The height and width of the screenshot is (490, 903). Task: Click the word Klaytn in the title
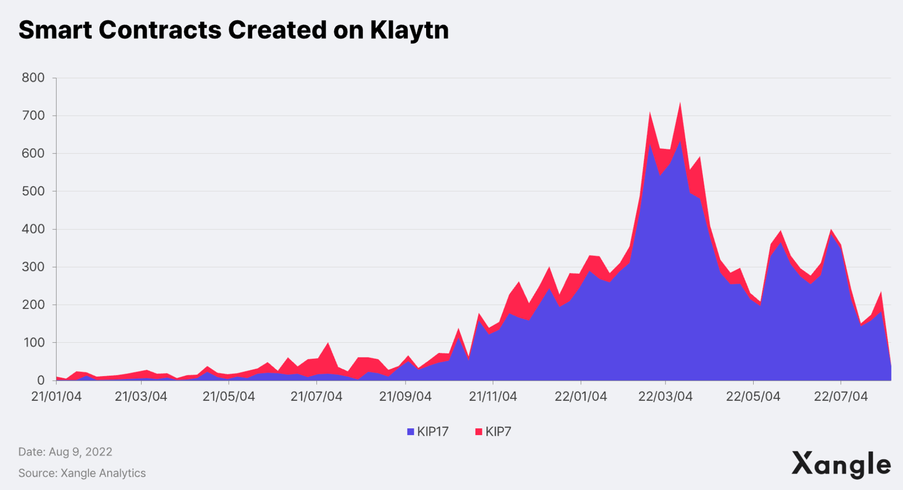pyautogui.click(x=409, y=30)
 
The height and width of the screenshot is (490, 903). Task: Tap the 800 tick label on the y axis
pyautogui.click(x=33, y=78)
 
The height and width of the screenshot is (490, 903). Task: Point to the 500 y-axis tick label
pyautogui.click(x=33, y=191)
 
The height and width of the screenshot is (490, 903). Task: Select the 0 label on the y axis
pyautogui.click(x=41, y=380)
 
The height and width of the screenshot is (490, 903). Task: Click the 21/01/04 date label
pyautogui.click(x=56, y=396)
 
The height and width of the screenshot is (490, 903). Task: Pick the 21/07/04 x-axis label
pyautogui.click(x=316, y=396)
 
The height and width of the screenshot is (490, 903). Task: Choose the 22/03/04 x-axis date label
pyautogui.click(x=665, y=396)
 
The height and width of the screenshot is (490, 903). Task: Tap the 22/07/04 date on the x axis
pyautogui.click(x=840, y=396)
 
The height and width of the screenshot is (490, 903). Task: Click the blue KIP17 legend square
pyautogui.click(x=410, y=431)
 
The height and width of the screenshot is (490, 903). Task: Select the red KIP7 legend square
pyautogui.click(x=479, y=431)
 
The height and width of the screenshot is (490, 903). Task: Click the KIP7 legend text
pyautogui.click(x=498, y=431)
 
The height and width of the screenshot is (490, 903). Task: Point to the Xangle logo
pyautogui.click(x=841, y=464)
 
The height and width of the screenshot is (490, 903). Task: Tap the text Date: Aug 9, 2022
pyautogui.click(x=65, y=452)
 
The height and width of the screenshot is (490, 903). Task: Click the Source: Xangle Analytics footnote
pyautogui.click(x=82, y=473)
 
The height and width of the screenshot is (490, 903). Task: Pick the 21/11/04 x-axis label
pyautogui.click(x=493, y=396)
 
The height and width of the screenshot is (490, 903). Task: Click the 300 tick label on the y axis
pyautogui.click(x=33, y=267)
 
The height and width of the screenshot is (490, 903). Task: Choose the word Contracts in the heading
pyautogui.click(x=160, y=30)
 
